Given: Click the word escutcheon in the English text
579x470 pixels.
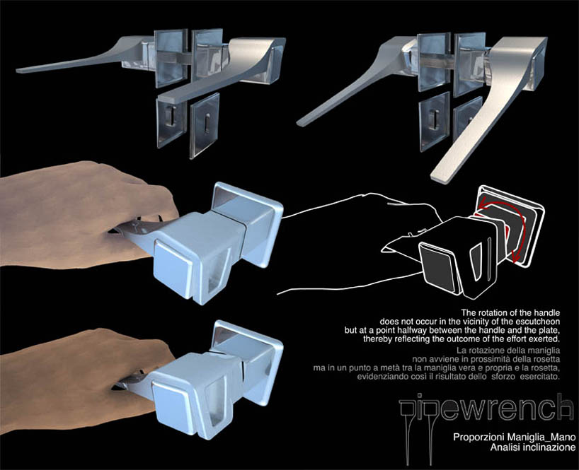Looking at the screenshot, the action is [538, 322].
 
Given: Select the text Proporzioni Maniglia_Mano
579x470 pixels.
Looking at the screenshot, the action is [515, 437].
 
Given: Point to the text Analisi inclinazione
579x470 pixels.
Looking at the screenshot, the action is [533, 447].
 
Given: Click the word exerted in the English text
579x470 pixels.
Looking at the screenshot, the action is [547, 339].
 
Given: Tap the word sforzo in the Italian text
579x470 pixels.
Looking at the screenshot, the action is [504, 377].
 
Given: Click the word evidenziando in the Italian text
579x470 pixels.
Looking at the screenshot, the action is [379, 377].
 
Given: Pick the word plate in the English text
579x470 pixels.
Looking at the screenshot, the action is [551, 330].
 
